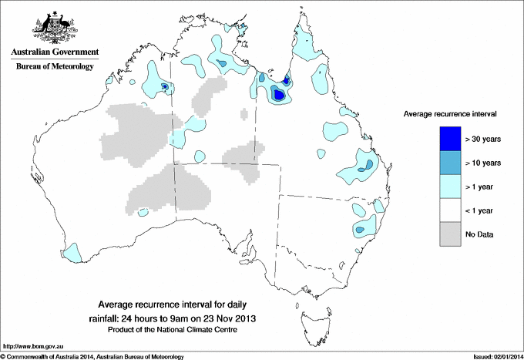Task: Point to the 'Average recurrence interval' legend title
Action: (x=451, y=113)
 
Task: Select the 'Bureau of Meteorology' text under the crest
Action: (x=54, y=67)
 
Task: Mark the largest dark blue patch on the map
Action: (x=279, y=96)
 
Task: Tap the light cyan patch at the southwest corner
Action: (x=72, y=251)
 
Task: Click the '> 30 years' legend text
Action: (x=483, y=139)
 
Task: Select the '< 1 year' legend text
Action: (x=481, y=210)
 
